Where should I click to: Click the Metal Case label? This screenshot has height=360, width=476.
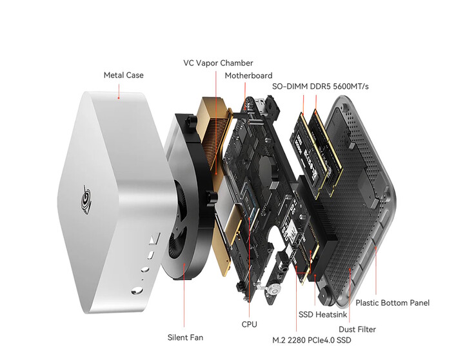tap(123, 75)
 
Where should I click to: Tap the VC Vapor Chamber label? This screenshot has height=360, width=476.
tap(218, 63)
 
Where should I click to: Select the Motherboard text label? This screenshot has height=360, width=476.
tap(248, 75)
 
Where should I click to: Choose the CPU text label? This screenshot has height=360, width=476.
tap(249, 325)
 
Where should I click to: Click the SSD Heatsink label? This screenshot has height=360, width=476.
tap(322, 315)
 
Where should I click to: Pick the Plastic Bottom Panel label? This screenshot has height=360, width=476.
tap(392, 303)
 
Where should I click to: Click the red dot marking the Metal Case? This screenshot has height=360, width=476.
tap(119, 98)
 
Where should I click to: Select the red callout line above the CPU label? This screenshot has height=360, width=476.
tap(248, 303)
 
